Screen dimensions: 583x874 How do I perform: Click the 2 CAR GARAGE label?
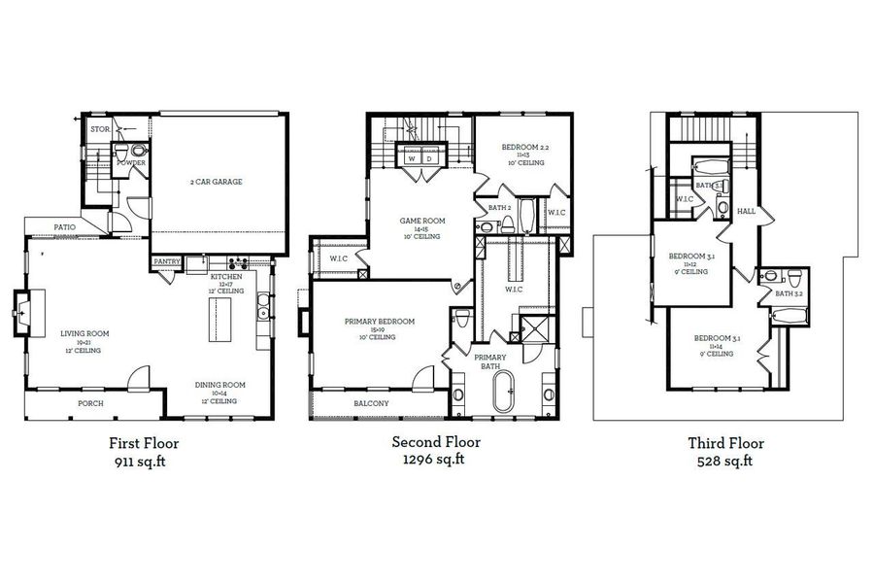point(216,182)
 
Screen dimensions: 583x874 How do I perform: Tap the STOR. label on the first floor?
point(98,128)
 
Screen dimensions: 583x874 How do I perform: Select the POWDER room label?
point(131,163)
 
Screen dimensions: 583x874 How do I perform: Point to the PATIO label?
point(64,226)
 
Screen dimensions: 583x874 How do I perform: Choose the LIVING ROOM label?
point(84,333)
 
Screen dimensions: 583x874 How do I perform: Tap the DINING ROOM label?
point(219,385)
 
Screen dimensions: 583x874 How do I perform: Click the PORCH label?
point(90,403)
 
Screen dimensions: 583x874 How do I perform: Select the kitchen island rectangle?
point(216,317)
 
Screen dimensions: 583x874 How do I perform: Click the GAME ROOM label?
point(421,222)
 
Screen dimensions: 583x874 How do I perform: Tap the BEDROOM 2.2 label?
point(524,148)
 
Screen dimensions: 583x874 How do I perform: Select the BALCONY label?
point(371,403)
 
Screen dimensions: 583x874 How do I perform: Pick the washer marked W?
point(412,156)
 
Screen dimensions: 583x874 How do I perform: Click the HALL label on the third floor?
point(746,211)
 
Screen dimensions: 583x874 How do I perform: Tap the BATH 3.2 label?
point(788,293)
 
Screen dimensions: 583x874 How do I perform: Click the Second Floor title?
point(436,442)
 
